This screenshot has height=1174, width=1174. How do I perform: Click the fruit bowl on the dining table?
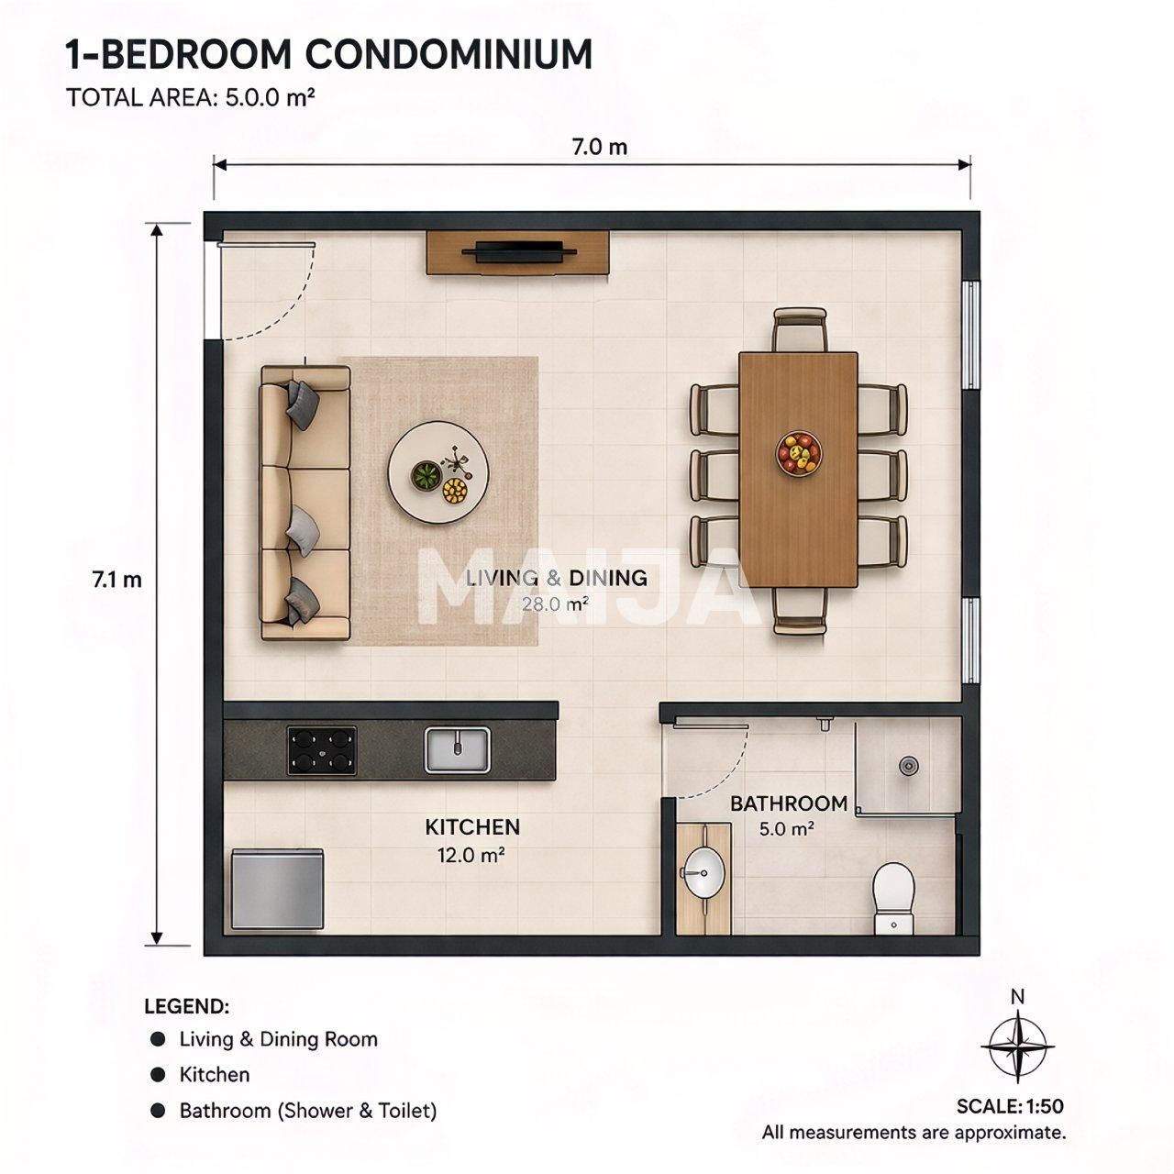798,453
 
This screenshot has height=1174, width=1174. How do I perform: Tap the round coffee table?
438,471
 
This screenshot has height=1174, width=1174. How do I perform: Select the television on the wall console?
518,251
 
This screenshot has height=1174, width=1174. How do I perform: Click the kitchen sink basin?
457,750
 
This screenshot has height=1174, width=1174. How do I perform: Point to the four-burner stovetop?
322,750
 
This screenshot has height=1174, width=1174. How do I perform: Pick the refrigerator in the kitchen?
278,889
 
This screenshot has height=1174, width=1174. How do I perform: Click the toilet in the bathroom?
893,898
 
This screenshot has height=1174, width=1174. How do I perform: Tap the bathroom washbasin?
703,872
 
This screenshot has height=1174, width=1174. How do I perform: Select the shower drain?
908,765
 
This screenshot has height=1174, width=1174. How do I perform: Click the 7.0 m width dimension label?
600,147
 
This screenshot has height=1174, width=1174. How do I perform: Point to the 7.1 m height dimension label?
117,580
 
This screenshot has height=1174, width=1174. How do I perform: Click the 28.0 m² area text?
555,604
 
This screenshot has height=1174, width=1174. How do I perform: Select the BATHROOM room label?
789,803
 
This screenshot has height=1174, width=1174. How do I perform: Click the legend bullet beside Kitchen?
158,1075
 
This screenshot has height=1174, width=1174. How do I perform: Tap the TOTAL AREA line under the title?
191,97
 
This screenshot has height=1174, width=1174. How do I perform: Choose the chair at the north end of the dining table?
801,329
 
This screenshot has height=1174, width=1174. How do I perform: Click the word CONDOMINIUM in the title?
449,55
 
